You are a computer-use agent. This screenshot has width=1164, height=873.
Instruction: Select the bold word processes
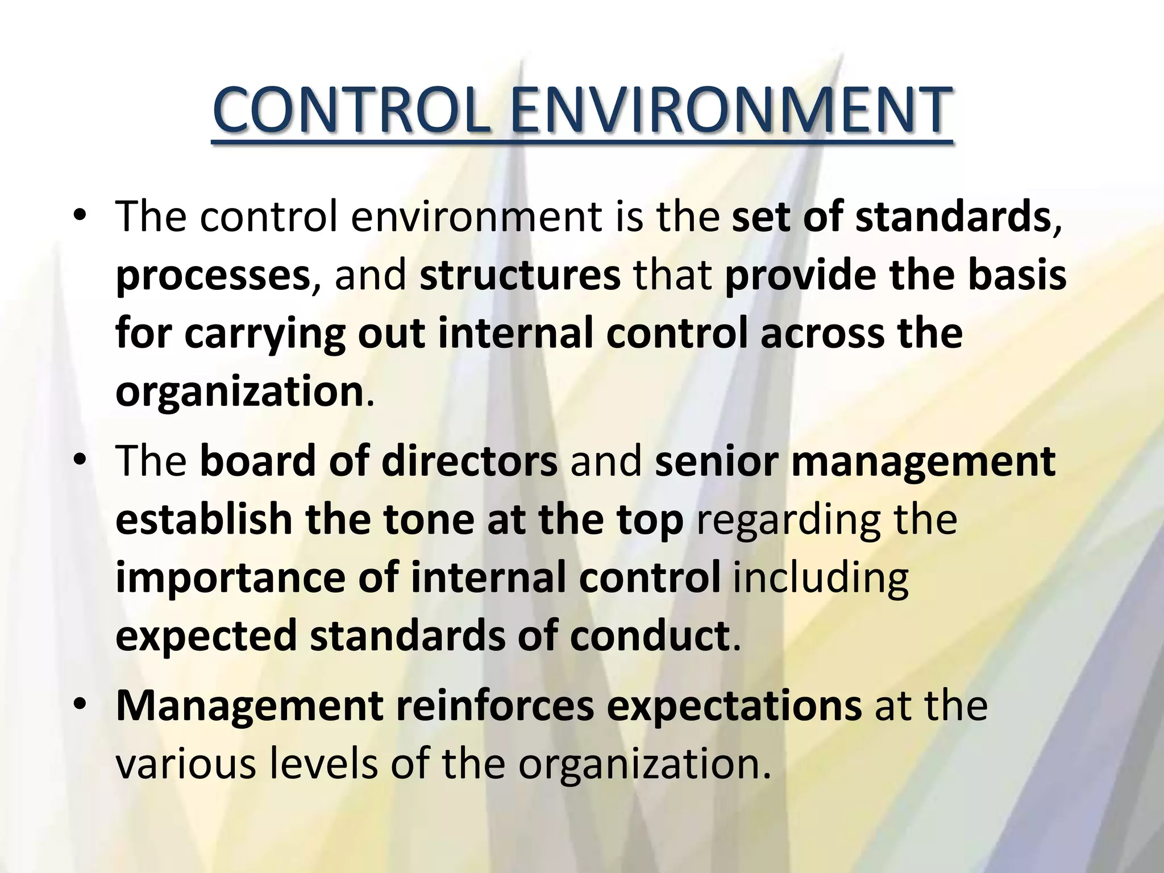coord(213,276)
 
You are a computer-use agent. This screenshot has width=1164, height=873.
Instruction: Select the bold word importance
coord(230,579)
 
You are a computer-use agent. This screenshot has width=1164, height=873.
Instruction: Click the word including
coord(821,579)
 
